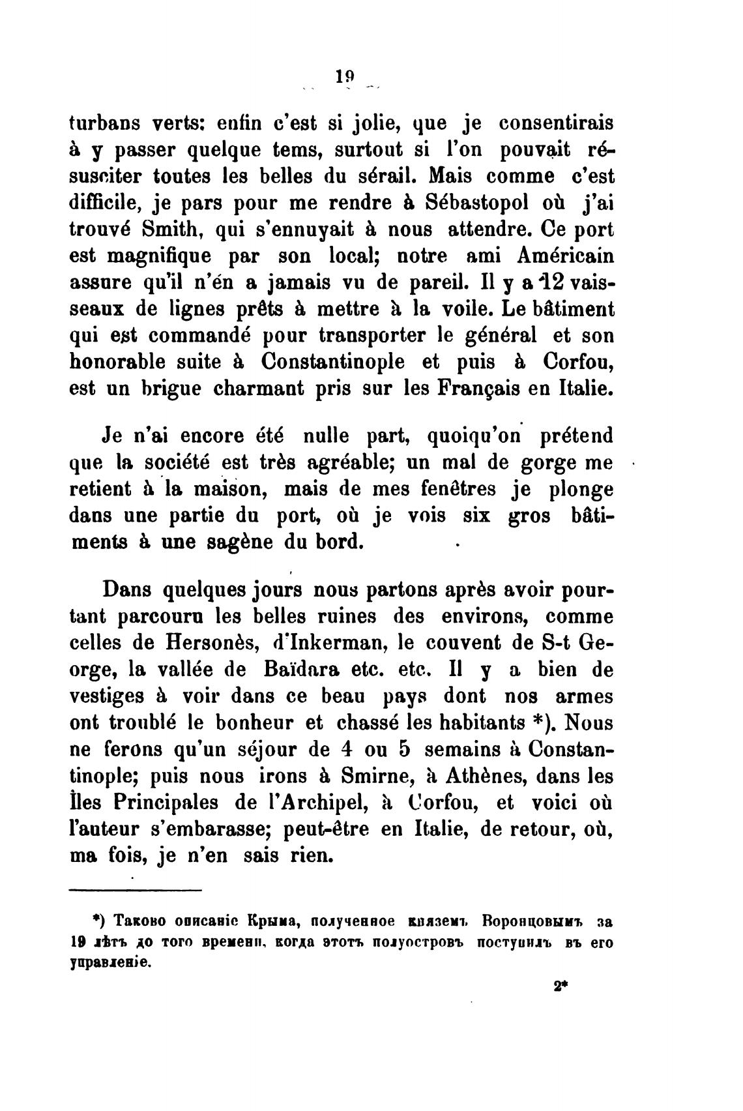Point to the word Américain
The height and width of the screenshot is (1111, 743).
[x=553, y=256]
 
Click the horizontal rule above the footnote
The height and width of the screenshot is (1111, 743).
[x=136, y=890]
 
